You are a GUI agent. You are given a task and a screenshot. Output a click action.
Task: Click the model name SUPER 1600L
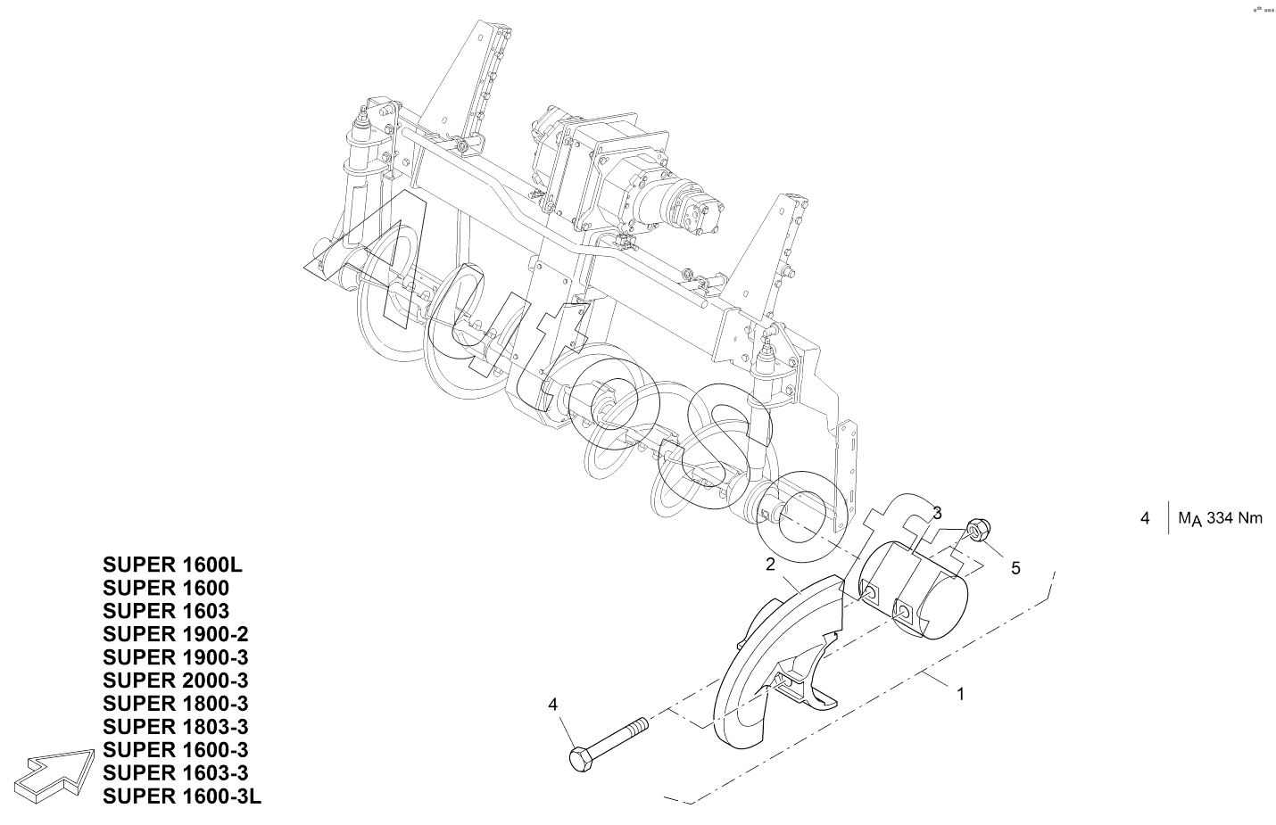point(172,565)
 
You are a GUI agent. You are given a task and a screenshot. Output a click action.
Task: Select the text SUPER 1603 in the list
point(166,611)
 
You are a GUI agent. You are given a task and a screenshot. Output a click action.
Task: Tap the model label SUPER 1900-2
point(176,634)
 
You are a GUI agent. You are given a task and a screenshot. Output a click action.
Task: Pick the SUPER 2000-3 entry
point(176,681)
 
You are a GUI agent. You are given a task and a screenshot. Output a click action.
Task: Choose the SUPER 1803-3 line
point(176,727)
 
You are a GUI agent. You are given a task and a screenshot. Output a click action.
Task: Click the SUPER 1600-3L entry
point(182,796)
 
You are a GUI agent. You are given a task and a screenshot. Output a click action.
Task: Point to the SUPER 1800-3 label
point(176,704)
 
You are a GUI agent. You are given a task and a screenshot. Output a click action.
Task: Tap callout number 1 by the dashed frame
point(960,694)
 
